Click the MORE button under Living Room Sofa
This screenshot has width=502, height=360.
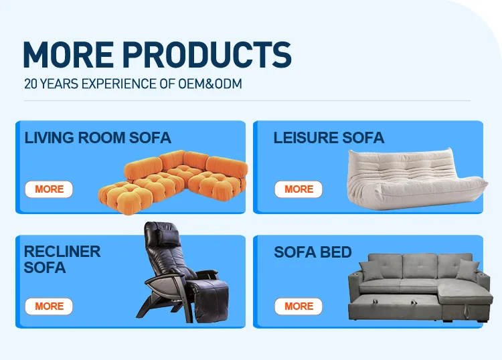click(49, 189)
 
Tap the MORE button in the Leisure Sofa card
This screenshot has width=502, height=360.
click(299, 189)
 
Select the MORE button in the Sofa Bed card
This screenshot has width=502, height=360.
click(299, 306)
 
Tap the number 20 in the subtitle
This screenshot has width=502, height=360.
click(30, 84)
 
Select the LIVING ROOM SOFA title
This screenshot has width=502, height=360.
click(98, 139)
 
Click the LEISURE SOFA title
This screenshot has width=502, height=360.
click(329, 139)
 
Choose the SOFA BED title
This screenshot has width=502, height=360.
click(313, 252)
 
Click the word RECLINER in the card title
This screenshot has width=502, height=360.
click(62, 252)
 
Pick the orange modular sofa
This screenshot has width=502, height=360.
click(174, 179)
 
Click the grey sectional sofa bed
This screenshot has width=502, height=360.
click(415, 288)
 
